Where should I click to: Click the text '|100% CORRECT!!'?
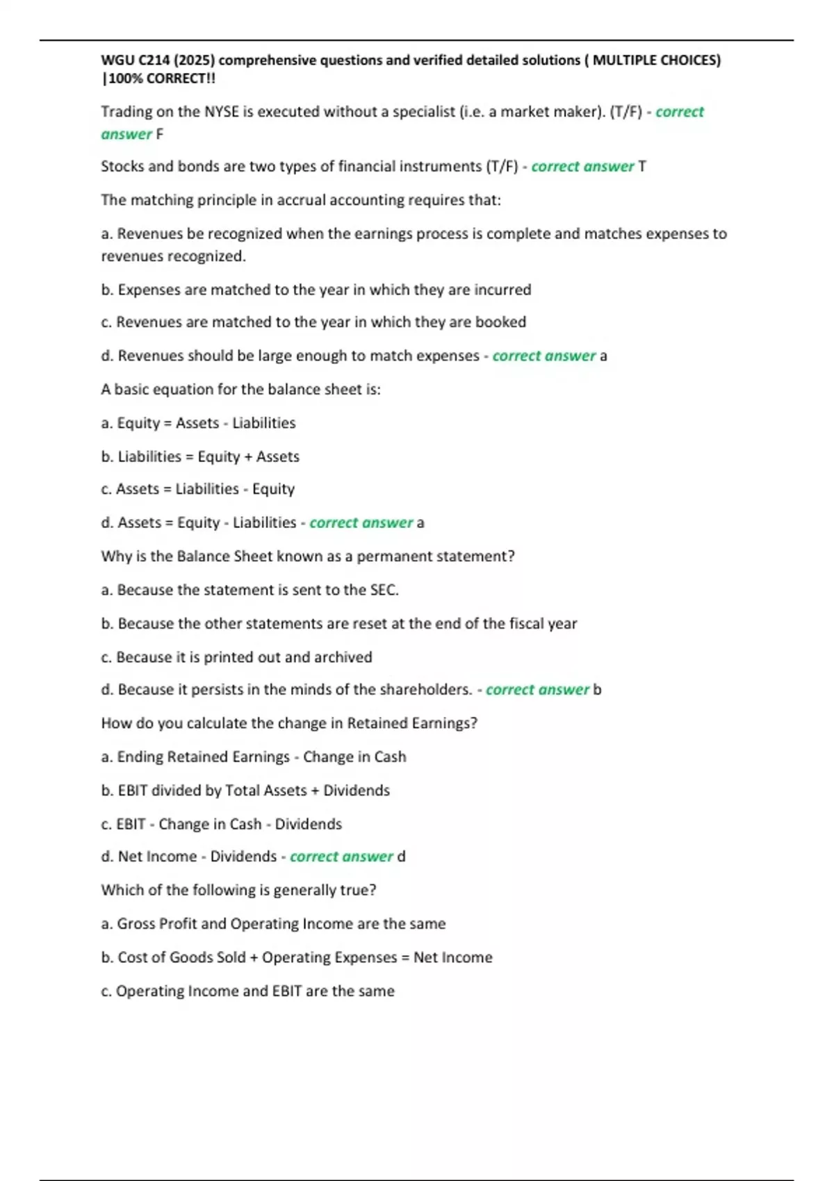[x=158, y=79]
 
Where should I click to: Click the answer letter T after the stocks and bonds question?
[x=642, y=167]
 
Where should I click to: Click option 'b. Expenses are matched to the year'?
[x=316, y=290]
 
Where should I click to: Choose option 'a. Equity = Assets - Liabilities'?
[x=198, y=423]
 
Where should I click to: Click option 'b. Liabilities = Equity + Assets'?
[x=200, y=456]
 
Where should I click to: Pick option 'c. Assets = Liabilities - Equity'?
[x=198, y=489]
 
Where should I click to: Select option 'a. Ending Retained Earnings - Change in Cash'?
[x=254, y=757]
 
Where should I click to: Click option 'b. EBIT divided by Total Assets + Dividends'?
[x=245, y=791]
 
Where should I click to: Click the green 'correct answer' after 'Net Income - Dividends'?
[x=341, y=857]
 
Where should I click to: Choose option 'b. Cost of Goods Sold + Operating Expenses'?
[x=297, y=957]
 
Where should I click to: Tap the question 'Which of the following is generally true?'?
[x=238, y=890]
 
